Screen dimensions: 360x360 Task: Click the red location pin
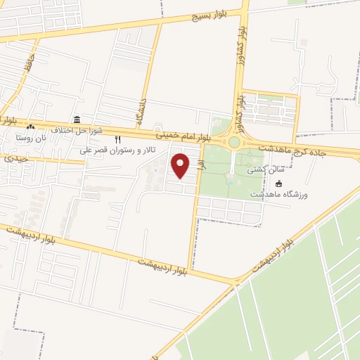[181, 166]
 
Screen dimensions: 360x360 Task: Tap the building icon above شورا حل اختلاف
[76, 120]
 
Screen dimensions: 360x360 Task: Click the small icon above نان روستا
[30, 127]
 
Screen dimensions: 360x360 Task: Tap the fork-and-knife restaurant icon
[117, 139]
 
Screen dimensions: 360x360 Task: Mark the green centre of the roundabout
[234, 142]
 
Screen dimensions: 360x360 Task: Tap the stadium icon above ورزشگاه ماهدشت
[279, 184]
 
